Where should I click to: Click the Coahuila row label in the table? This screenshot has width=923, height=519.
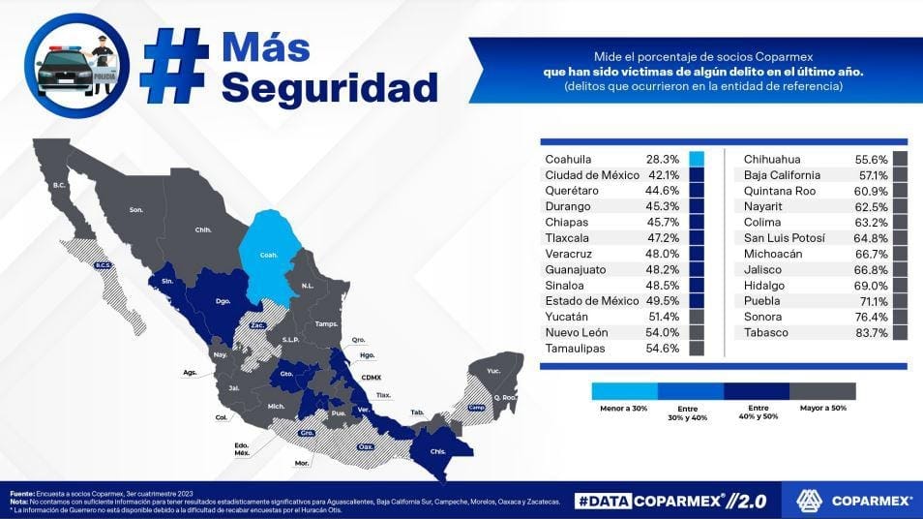[568, 160]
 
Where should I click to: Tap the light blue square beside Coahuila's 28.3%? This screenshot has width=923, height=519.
[697, 160]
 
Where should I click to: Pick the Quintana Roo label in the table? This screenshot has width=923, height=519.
[780, 192]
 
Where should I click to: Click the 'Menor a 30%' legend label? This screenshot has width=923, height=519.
[623, 408]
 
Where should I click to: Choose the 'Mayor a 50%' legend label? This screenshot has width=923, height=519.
[822, 408]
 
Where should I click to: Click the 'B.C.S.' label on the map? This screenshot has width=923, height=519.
[103, 264]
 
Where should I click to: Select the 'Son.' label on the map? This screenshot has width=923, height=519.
[136, 209]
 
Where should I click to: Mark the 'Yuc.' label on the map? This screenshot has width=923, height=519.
[493, 371]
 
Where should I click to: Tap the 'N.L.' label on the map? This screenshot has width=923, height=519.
[309, 287]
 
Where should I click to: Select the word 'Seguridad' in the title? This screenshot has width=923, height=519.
[329, 87]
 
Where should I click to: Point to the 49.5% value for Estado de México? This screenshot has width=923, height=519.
[663, 301]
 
